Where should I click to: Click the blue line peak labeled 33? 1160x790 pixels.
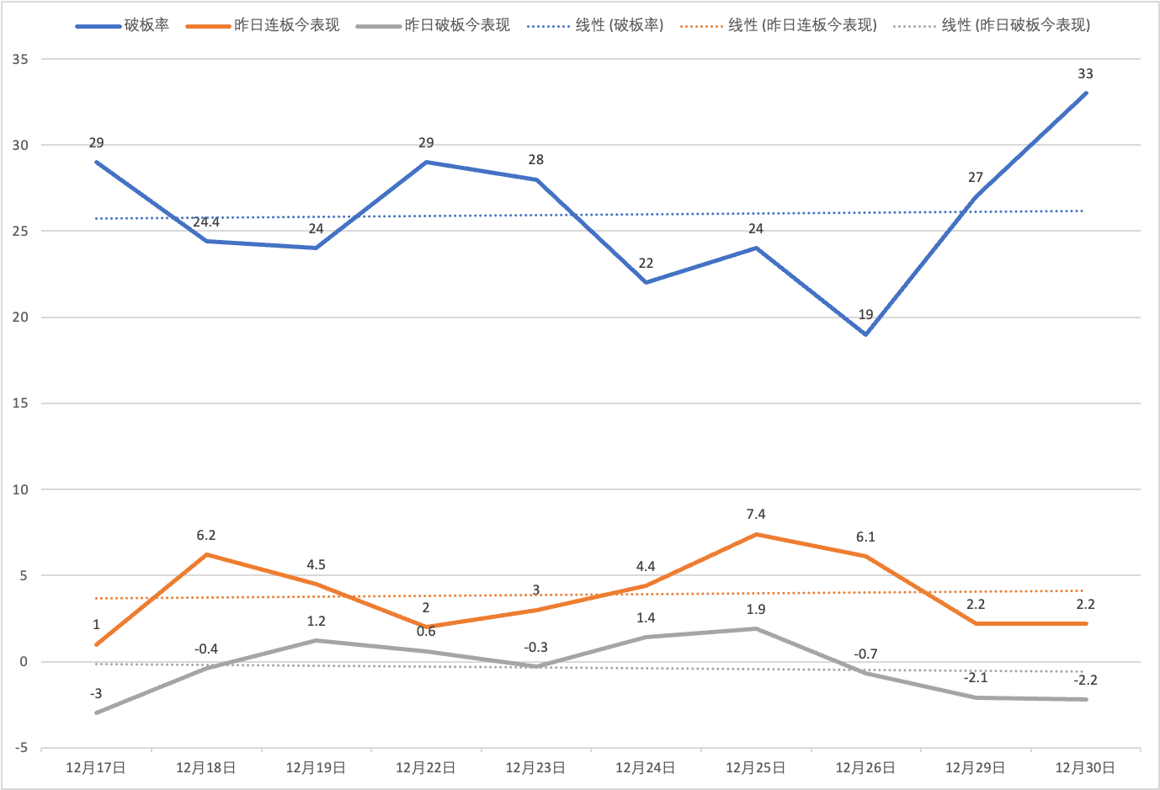pos(1086,93)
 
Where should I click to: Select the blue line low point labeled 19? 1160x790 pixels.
pos(865,334)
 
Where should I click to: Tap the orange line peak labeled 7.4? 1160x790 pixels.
pos(756,534)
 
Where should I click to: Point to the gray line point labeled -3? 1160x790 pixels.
pos(97,713)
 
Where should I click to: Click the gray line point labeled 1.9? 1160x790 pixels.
pos(756,628)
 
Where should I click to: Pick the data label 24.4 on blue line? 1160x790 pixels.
pos(206,222)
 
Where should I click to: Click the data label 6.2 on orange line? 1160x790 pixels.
pos(206,536)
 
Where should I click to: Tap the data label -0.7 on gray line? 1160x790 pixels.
pos(865,654)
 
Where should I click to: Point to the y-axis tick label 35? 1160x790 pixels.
pos(20,60)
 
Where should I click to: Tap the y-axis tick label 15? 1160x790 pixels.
pos(20,403)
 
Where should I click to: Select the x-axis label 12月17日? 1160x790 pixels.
pos(96,768)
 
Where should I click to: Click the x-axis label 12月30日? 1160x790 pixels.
pos(1085,768)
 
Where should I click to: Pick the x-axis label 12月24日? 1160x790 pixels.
pos(646,768)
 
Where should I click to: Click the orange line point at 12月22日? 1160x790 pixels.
pos(426,627)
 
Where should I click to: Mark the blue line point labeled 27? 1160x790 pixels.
pos(976,197)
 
